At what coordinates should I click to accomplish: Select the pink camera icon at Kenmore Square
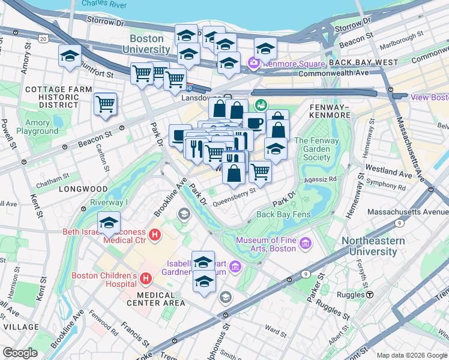pyautogui.click(x=253, y=62)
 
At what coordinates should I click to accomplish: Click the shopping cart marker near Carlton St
pyautogui.click(x=106, y=104)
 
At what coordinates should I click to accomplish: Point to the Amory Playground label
pyautogui.click(x=33, y=127)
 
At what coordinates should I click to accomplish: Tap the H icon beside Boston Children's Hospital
pyautogui.click(x=146, y=278)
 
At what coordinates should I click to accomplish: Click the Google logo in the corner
pyautogui.click(x=20, y=353)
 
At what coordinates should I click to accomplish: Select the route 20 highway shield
pyautogui.click(x=42, y=38)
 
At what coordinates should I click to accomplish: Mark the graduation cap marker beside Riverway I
pyautogui.click(x=109, y=223)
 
